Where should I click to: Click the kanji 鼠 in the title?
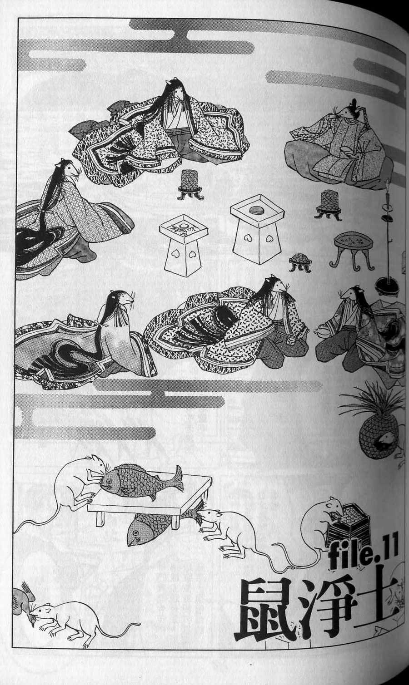pyautogui.click(x=264, y=608)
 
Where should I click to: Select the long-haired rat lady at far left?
pyautogui.click(x=64, y=213)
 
